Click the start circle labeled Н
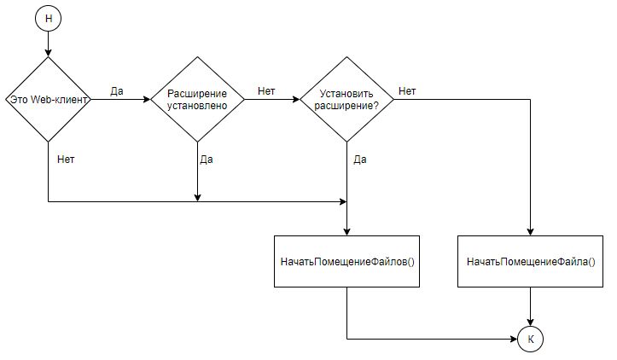[x=49, y=19]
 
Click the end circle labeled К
[x=531, y=339]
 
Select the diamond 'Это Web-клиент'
[x=49, y=99]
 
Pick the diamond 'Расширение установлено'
[x=197, y=99]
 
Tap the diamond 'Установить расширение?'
[x=346, y=99]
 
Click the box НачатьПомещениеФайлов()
[x=346, y=261]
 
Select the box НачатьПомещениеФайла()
[x=531, y=261]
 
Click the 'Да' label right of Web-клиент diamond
[x=117, y=91]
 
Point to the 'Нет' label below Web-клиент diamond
[x=66, y=160]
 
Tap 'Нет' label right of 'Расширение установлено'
[x=266, y=91]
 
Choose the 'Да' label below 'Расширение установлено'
[x=207, y=160]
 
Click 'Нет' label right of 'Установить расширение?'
[x=407, y=91]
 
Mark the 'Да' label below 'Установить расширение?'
[x=360, y=160]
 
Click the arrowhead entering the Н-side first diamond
[x=49, y=53]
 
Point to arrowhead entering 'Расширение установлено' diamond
[x=147, y=99]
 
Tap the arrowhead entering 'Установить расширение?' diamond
[x=296, y=99]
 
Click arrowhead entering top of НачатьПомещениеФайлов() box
[x=346, y=232]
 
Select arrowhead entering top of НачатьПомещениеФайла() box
[x=531, y=232]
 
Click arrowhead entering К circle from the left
[x=514, y=339]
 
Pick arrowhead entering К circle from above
[x=531, y=322]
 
